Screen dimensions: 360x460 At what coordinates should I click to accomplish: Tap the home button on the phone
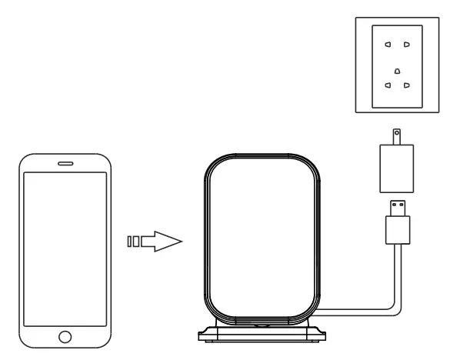pyautogui.click(x=65, y=336)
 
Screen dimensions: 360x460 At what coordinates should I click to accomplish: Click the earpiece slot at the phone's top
pyautogui.click(x=65, y=165)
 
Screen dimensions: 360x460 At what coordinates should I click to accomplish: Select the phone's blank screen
pyautogui.click(x=65, y=247)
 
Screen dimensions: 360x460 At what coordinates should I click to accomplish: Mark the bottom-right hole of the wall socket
pyautogui.click(x=407, y=86)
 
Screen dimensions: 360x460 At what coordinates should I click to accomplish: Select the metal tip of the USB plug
pyautogui.click(x=398, y=207)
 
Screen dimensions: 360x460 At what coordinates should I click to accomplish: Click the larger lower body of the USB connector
pyautogui.click(x=398, y=228)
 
